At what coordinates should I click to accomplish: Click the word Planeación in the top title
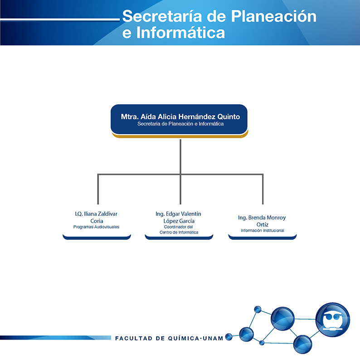point(274,16)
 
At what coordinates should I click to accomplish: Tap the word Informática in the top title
point(180,32)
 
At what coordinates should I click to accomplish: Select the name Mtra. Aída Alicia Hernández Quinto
point(180,117)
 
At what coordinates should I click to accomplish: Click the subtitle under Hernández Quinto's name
point(180,124)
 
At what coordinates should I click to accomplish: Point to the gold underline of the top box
point(180,136)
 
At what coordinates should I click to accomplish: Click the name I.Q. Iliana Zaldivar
point(96,214)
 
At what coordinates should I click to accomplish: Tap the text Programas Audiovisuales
point(96,227)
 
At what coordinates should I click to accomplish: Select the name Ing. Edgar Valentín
point(178,214)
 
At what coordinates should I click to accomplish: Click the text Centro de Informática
point(179,232)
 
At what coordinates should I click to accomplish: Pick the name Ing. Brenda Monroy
point(262,218)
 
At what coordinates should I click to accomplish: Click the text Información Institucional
point(263,230)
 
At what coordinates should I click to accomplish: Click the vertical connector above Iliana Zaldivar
point(98,189)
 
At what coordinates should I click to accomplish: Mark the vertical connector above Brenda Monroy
point(263,189)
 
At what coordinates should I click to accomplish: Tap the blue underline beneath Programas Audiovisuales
point(97,238)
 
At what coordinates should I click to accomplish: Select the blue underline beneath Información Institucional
point(263,238)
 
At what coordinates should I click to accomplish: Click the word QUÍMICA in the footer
point(184,338)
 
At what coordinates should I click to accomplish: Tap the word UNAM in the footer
point(213,338)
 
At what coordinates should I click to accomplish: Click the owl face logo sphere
point(333,320)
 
